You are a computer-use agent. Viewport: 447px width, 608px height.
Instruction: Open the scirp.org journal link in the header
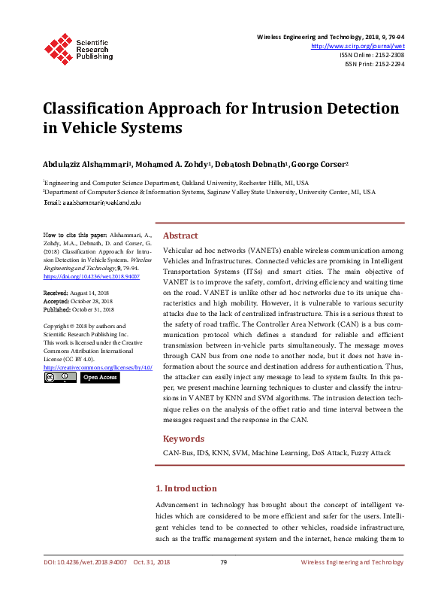pyautogui.click(x=357, y=46)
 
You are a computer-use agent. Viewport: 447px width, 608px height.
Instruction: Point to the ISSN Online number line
pyautogui.click(x=372, y=55)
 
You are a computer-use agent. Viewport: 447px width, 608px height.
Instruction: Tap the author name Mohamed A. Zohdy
pyautogui.click(x=175, y=163)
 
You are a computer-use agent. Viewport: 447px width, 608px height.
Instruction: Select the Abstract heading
pyautogui.click(x=180, y=236)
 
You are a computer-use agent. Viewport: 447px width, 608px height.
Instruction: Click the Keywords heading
pyautogui.click(x=183, y=439)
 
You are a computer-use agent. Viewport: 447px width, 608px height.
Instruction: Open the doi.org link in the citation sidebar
pyautogui.click(x=80, y=277)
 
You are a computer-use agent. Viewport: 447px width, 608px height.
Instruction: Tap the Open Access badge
pyautogui.click(x=99, y=377)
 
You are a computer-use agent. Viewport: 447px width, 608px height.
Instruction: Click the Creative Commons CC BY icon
pyautogui.click(x=60, y=377)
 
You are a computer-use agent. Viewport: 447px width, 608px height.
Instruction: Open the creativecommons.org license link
pyautogui.click(x=98, y=367)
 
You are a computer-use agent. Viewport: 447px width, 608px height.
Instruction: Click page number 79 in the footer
pyautogui.click(x=223, y=562)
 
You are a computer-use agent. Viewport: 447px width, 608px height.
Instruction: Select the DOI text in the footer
pyautogui.click(x=83, y=562)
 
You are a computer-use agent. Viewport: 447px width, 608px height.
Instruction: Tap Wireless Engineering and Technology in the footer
pyautogui.click(x=352, y=562)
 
